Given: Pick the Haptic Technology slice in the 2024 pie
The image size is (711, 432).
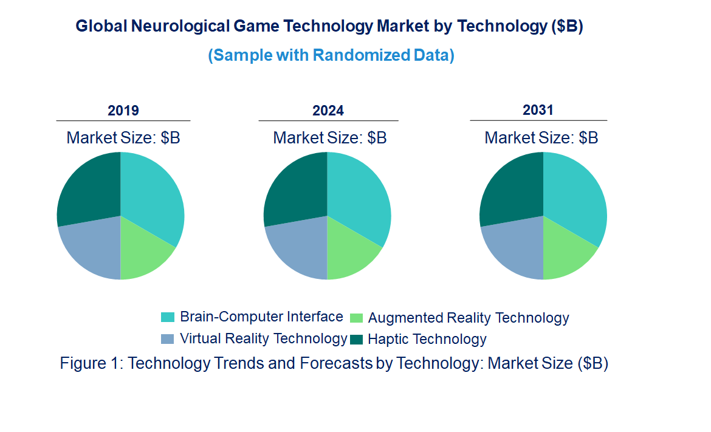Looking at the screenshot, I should [x=295, y=188].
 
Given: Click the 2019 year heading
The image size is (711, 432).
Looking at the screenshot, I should [x=123, y=111].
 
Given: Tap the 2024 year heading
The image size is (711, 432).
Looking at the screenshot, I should [x=328, y=111].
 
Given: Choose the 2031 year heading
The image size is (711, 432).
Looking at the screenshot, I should [x=538, y=110].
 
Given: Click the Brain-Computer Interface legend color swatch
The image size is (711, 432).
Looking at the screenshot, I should [x=168, y=317].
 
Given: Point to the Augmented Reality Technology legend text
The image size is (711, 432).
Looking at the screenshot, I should [x=469, y=318].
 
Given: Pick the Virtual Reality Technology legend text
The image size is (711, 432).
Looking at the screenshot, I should [x=264, y=338].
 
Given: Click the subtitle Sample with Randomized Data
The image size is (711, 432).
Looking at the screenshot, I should [x=331, y=55].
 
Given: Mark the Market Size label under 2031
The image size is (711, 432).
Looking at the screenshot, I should [x=541, y=138].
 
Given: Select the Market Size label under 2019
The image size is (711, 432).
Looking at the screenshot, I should [x=123, y=138].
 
